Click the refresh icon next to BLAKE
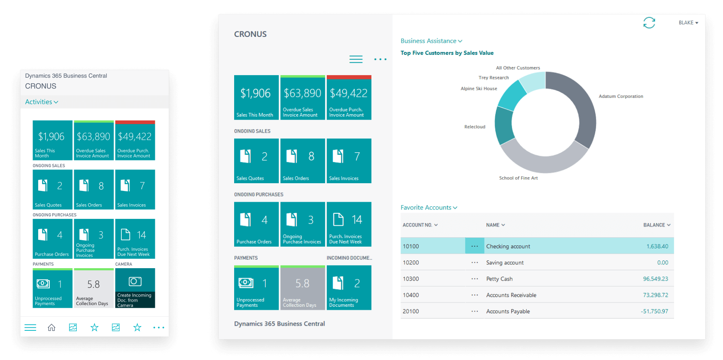(649, 23)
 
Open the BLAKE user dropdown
(688, 23)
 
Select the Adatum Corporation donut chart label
(621, 97)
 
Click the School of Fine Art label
(518, 178)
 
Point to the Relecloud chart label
(475, 127)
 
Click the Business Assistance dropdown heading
(431, 41)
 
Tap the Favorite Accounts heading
(428, 208)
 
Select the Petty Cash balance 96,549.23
(655, 279)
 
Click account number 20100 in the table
(411, 312)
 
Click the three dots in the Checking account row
(474, 246)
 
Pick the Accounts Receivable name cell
(511, 295)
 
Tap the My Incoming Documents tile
(349, 288)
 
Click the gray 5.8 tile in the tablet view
(302, 288)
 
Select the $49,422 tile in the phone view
(135, 141)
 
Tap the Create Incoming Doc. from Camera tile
(135, 288)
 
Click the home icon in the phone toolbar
(51, 328)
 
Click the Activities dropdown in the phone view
(42, 102)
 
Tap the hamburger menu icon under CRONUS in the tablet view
(356, 59)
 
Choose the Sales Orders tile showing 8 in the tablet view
(302, 161)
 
